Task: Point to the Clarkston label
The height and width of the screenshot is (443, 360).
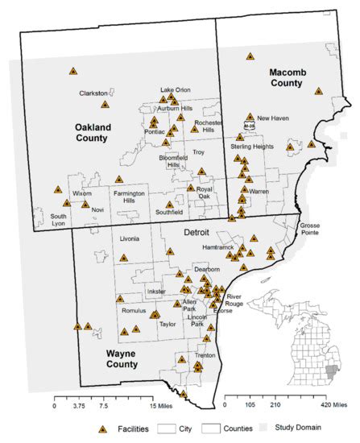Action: click(x=93, y=93)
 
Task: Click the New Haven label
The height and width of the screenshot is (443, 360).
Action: click(x=273, y=118)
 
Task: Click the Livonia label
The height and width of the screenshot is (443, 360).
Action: click(x=129, y=239)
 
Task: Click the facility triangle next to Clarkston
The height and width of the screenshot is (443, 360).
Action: click(x=105, y=104)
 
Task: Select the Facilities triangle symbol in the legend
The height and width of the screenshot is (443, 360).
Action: click(x=102, y=429)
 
